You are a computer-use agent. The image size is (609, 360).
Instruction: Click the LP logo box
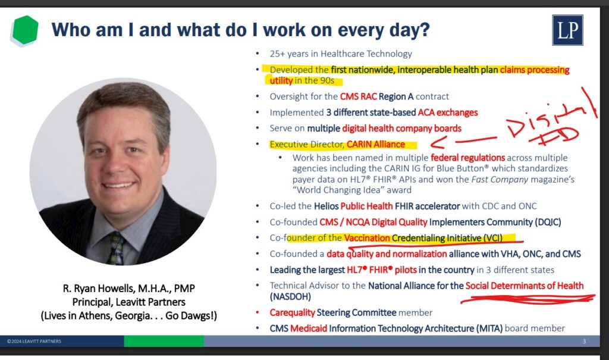point(567,30)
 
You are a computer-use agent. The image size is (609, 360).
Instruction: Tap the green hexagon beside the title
point(25,30)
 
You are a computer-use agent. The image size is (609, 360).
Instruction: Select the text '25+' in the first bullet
point(277,54)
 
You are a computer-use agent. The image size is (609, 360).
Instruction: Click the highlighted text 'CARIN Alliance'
point(376,144)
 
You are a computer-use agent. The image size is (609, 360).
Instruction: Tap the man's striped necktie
point(116,249)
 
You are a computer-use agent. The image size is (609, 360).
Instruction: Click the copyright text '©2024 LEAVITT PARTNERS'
point(34,342)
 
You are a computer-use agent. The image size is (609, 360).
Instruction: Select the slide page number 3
point(584,342)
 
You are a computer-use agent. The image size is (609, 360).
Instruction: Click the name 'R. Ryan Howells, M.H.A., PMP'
point(129,289)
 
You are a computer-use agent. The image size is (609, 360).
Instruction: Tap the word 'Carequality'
point(292,312)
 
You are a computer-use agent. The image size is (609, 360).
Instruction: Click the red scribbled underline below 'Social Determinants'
point(528,299)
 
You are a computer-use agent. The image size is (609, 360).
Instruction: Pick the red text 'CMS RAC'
point(358,96)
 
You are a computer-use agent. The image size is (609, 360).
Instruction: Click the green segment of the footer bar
point(164,341)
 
